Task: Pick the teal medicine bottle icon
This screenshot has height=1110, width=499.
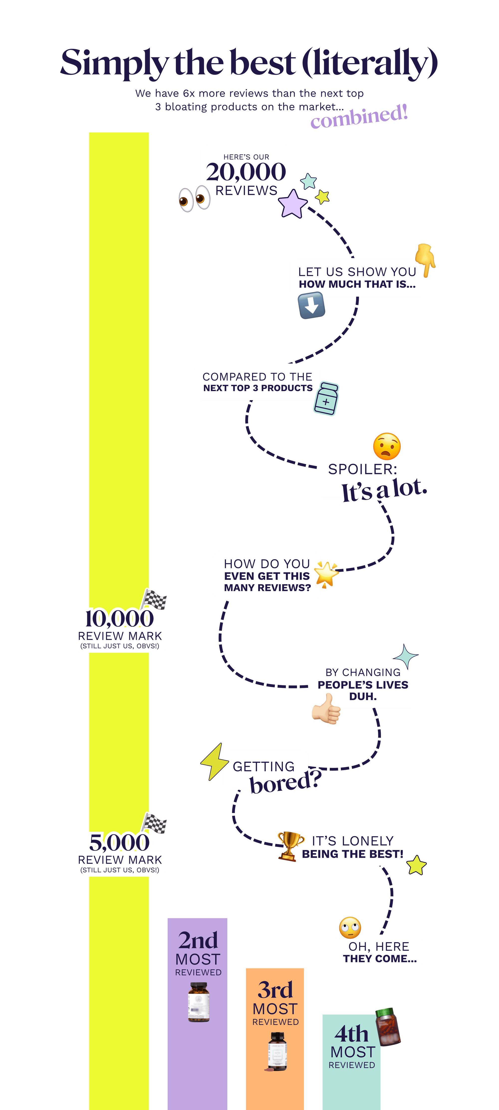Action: tap(326, 399)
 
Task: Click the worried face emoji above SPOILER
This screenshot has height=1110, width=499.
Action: tap(387, 446)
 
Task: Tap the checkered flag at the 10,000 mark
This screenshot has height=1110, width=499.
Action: tap(155, 599)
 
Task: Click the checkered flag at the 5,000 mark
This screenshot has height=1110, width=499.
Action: tap(155, 824)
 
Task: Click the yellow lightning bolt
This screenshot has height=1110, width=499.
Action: tap(213, 761)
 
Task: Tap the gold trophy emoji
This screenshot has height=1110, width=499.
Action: tap(290, 845)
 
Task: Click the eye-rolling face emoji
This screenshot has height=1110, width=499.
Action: tap(350, 927)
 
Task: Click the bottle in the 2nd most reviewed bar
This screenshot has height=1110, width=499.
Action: tap(199, 1002)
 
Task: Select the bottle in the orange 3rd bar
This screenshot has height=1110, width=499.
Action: tap(276, 1051)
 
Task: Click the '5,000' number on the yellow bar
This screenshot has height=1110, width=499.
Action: tap(119, 842)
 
